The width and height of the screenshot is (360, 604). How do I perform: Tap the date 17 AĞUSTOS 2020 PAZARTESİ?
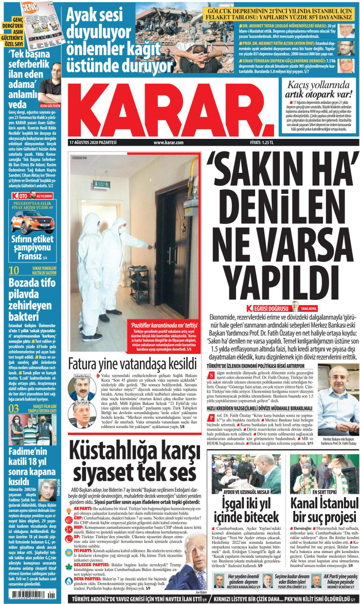pos(92,143)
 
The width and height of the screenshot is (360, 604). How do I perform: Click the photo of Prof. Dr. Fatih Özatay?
pos(337,406)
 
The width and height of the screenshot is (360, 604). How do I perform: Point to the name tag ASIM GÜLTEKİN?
pos(49,104)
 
